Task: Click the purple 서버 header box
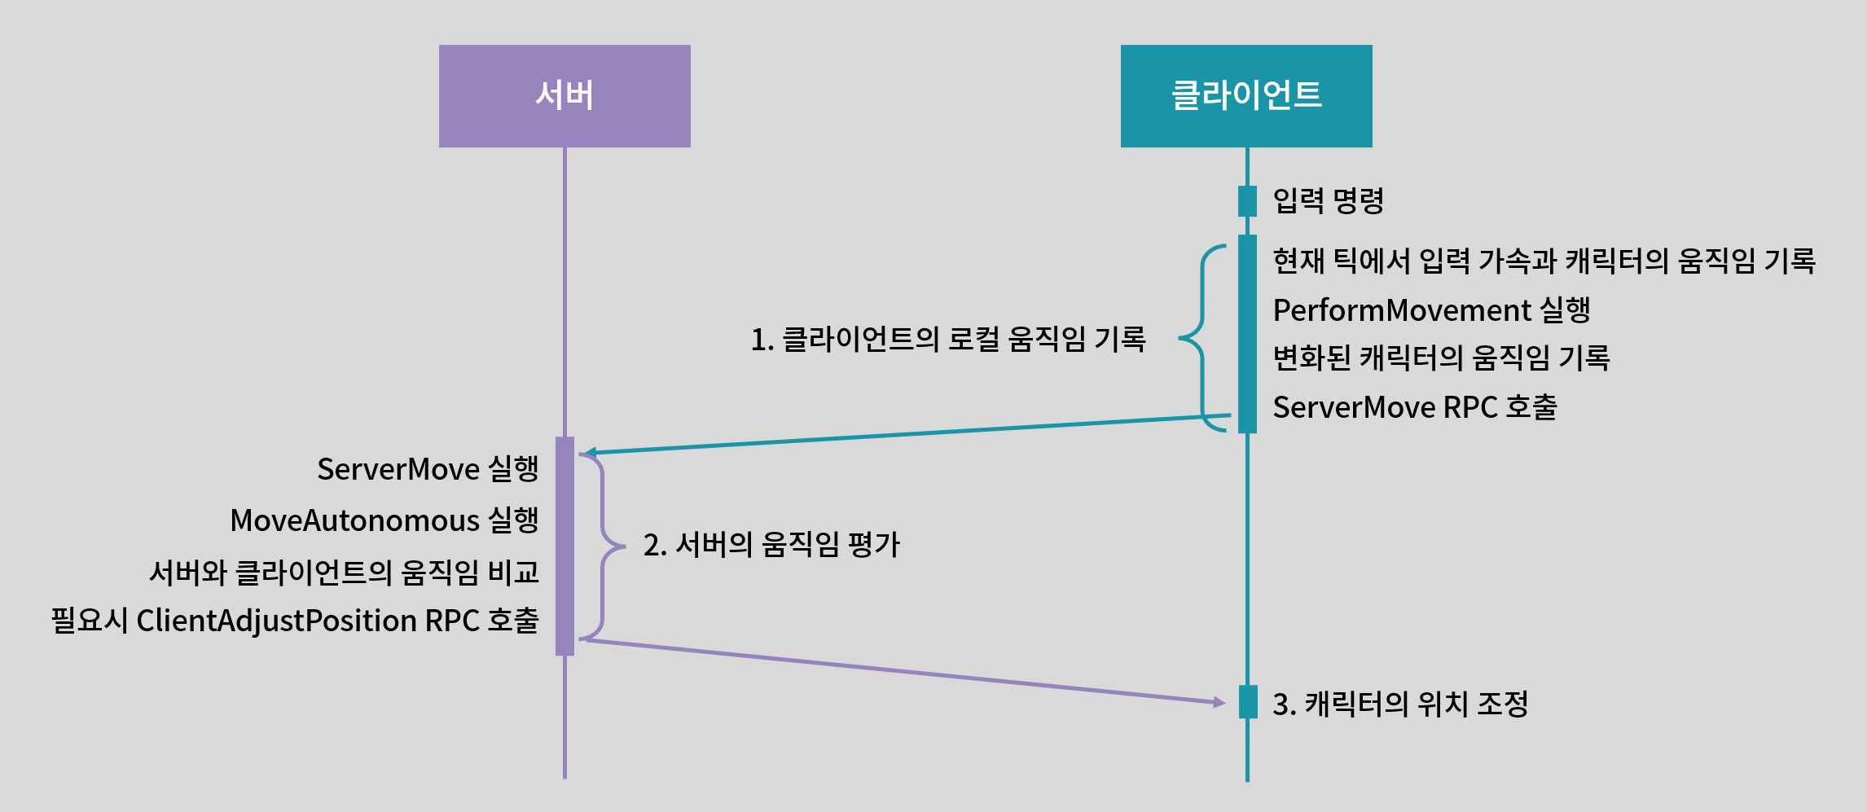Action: pyautogui.click(x=564, y=96)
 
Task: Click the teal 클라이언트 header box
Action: pyautogui.click(x=1246, y=96)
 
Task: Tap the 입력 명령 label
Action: pyautogui.click(x=1329, y=200)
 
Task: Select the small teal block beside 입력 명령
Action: pyautogui.click(x=1247, y=201)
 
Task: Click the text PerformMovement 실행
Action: pyautogui.click(x=1432, y=310)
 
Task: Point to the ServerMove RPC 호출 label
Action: pyautogui.click(x=1415, y=407)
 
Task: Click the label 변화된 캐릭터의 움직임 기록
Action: pyautogui.click(x=1442, y=358)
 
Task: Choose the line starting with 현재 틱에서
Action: pyautogui.click(x=1544, y=261)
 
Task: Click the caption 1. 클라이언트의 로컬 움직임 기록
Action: pyautogui.click(x=948, y=339)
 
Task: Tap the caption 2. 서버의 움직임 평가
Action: pyautogui.click(x=771, y=545)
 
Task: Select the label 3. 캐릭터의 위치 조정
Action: pyautogui.click(x=1400, y=704)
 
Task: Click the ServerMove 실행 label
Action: pyautogui.click(x=428, y=469)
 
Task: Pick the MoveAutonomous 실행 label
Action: pyautogui.click(x=384, y=520)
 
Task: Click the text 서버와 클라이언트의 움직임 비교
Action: pyautogui.click(x=344, y=572)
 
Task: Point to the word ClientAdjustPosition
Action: pyautogui.click(x=276, y=621)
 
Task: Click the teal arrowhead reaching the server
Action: pyautogui.click(x=590, y=453)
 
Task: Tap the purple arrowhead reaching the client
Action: pyautogui.click(x=1219, y=702)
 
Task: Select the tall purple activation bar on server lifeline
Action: pyautogui.click(x=564, y=546)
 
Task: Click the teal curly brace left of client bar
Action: pyautogui.click(x=1203, y=337)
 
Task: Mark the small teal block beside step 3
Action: pyautogui.click(x=1248, y=702)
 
